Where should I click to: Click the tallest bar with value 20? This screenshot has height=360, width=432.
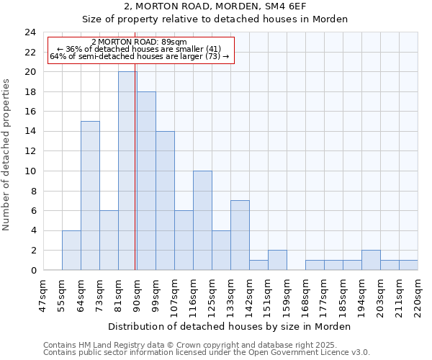click(127, 171)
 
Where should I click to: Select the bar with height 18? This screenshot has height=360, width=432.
click(146, 181)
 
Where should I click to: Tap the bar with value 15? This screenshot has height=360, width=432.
click(90, 196)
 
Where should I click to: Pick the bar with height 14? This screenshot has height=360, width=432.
click(165, 201)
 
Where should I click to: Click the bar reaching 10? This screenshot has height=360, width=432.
click(202, 220)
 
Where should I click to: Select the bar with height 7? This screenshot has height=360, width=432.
click(240, 235)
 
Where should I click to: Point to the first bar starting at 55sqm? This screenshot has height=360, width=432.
click(71, 251)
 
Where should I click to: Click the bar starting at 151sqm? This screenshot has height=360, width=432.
click(277, 260)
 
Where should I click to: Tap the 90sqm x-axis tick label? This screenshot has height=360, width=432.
click(137, 294)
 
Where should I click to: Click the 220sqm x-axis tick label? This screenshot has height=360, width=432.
click(418, 294)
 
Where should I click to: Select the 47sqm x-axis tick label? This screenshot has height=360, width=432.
click(43, 294)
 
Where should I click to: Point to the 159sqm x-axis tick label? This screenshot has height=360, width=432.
click(287, 294)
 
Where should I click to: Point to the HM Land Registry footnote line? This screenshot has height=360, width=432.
click(190, 345)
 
